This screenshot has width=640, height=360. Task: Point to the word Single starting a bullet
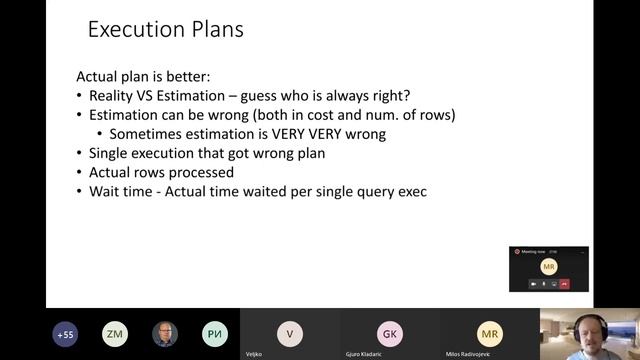pyautogui.click(x=110, y=152)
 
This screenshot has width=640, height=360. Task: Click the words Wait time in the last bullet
pyautogui.click(x=117, y=190)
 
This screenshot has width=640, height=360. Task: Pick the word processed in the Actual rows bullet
pyautogui.click(x=211, y=171)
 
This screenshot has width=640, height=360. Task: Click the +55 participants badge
pyautogui.click(x=66, y=334)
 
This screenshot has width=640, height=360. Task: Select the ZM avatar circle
pyautogui.click(x=115, y=334)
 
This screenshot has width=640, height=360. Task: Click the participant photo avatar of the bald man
pyautogui.click(x=165, y=334)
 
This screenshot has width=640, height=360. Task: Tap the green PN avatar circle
pyautogui.click(x=214, y=334)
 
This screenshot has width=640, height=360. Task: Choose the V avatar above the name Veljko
pyautogui.click(x=290, y=333)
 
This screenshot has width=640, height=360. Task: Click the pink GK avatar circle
pyautogui.click(x=390, y=333)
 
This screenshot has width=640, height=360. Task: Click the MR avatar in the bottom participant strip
pyautogui.click(x=490, y=333)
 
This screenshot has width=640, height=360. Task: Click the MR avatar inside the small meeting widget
pyautogui.click(x=548, y=267)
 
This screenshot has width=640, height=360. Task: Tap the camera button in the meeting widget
pyautogui.click(x=534, y=284)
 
